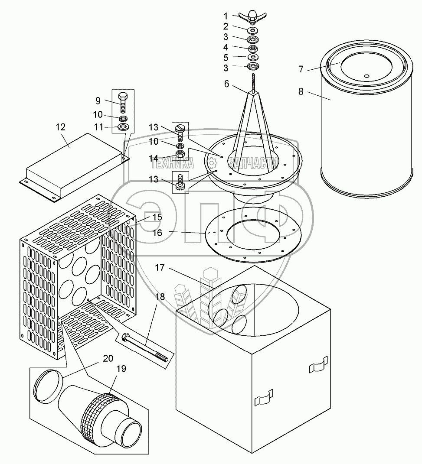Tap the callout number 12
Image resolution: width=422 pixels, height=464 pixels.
tap(61, 127)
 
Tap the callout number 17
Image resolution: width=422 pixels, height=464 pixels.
tap(160, 268)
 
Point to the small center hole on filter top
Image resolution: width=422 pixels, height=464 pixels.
tap(366, 76)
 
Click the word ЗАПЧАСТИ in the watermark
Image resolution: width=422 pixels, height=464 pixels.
tap(252, 163)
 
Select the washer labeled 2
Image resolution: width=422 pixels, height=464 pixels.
tap(252, 30)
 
